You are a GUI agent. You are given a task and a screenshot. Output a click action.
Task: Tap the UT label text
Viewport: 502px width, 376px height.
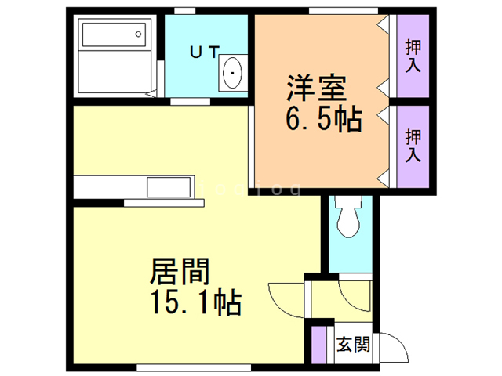pos(205,52)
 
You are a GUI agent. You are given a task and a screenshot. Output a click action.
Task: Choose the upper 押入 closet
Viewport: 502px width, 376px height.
pos(413,56)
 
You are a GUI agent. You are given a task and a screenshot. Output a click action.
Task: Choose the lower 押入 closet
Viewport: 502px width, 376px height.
pos(413,146)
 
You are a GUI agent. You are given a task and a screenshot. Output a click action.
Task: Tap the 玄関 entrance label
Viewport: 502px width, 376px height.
pos(352,345)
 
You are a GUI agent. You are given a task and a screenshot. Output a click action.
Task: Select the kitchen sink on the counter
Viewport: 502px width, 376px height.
pos(169,189)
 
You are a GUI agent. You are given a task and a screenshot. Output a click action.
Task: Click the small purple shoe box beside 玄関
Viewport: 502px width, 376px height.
pos(318,345)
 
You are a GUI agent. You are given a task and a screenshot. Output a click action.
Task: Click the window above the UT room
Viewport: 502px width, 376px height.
pos(185,10)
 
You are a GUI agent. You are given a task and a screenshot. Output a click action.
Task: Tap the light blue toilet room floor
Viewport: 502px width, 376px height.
pos(347,251)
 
